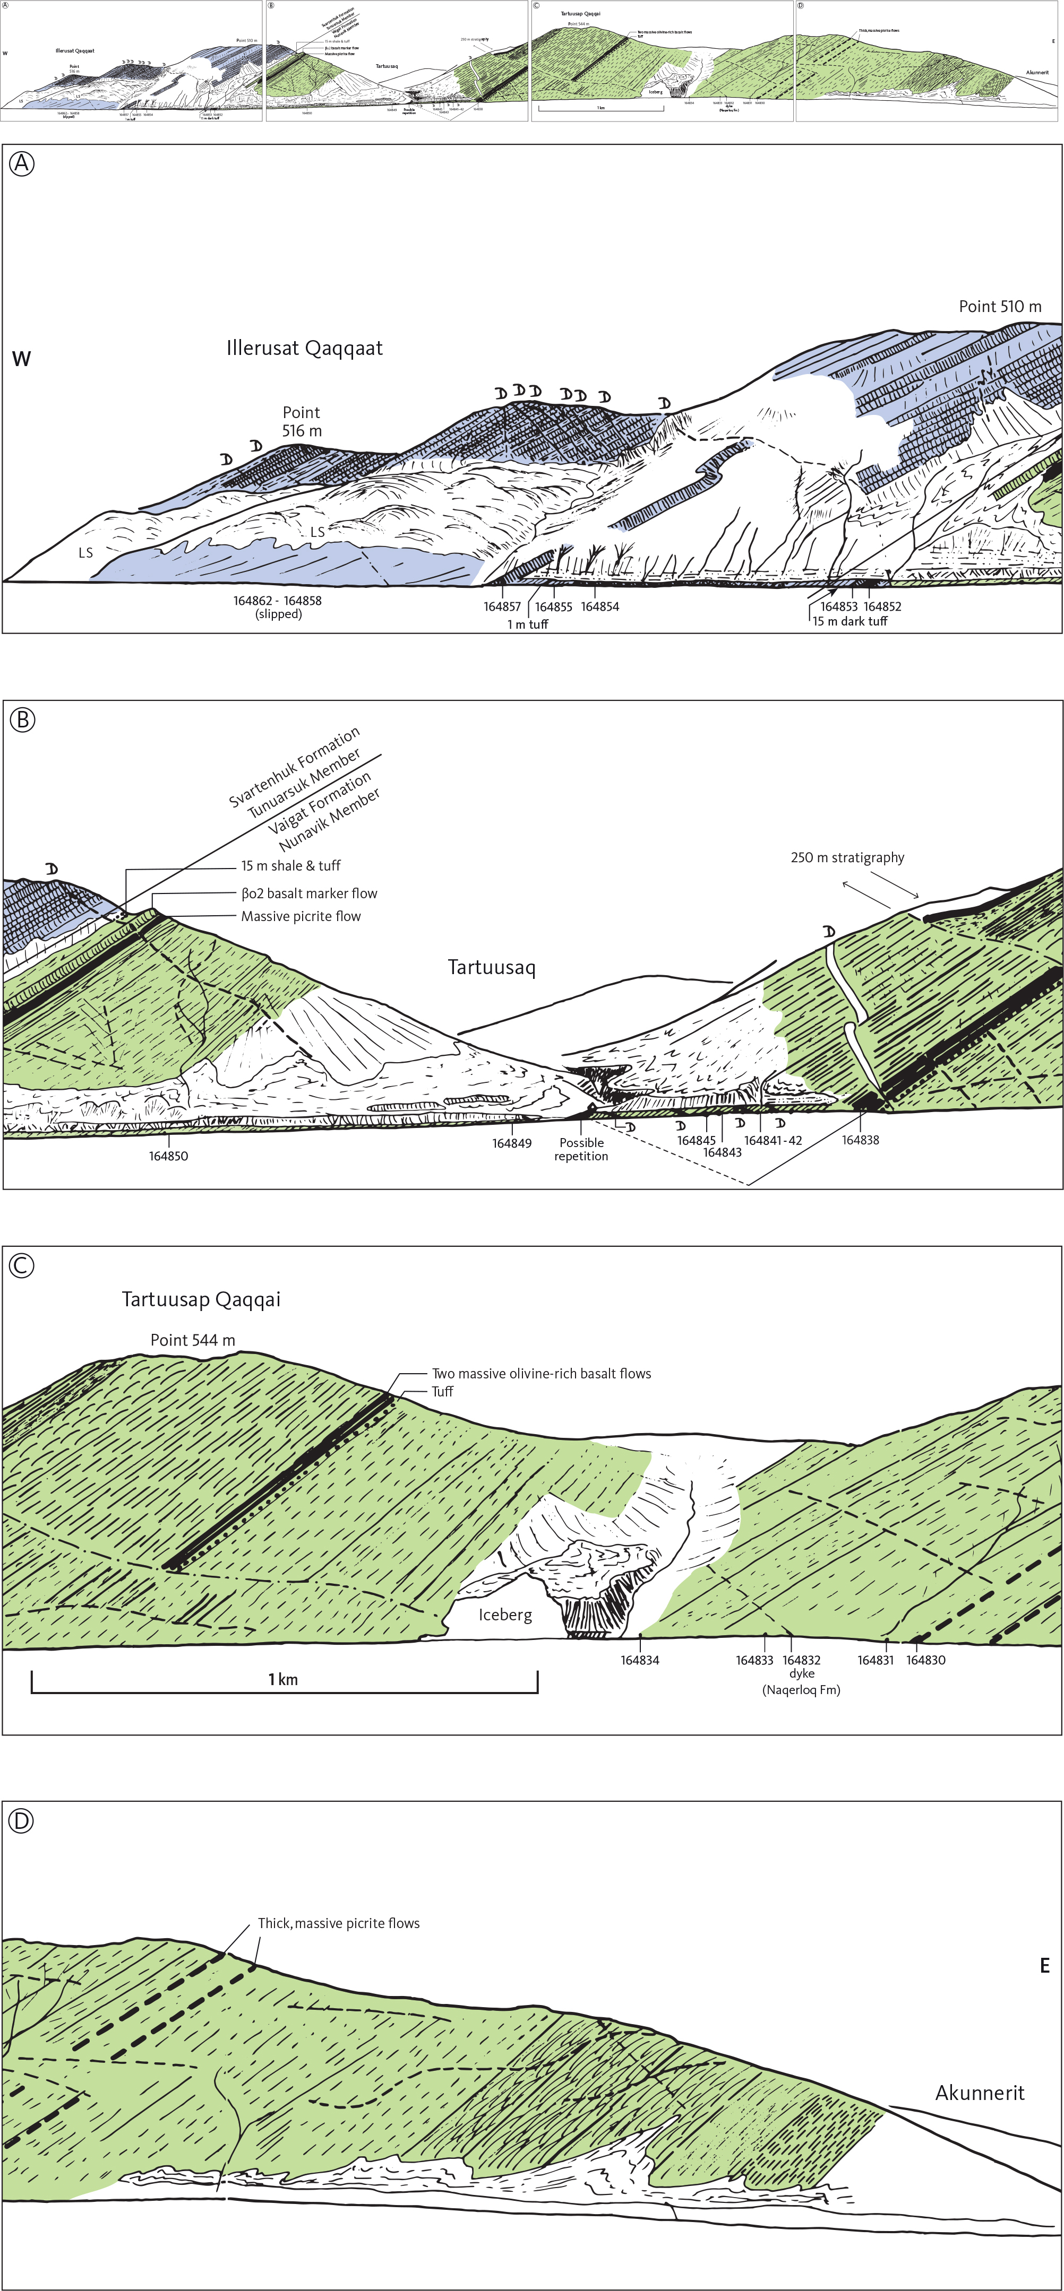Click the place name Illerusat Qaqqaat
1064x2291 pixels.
[304, 348]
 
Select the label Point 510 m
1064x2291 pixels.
[999, 307]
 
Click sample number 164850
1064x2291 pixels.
[168, 1156]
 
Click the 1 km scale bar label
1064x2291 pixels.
[283, 1679]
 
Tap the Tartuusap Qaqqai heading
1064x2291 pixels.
[201, 1299]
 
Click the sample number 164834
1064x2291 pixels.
[640, 1660]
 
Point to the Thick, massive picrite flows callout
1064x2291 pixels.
[338, 1923]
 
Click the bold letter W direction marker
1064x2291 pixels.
[21, 359]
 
